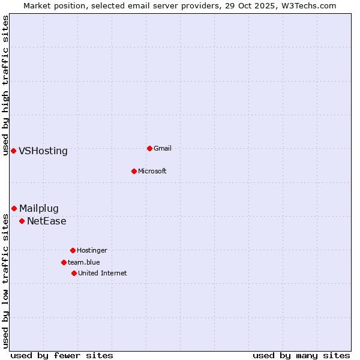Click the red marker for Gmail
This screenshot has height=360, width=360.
[149, 148]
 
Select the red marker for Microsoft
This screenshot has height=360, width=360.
[134, 171]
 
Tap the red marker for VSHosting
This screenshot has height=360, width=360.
[13, 151]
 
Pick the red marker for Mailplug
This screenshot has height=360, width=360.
[14, 208]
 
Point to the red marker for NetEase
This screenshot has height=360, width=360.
[22, 221]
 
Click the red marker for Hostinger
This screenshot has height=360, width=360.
[73, 250]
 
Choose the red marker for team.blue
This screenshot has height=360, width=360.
[64, 262]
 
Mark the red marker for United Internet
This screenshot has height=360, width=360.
[74, 273]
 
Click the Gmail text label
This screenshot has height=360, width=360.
[163, 148]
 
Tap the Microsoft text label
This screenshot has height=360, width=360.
[152, 171]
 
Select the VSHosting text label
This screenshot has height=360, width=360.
[43, 151]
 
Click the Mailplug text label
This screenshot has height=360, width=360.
[39, 209]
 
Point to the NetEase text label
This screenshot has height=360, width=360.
[47, 221]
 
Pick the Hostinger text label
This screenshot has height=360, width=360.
[92, 250]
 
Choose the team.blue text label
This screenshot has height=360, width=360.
[84, 262]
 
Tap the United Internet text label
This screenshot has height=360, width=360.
[103, 273]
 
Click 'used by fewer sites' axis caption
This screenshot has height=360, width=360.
[62, 355]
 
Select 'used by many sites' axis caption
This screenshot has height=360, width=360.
[301, 355]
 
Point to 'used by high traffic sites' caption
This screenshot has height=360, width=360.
[5, 85]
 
